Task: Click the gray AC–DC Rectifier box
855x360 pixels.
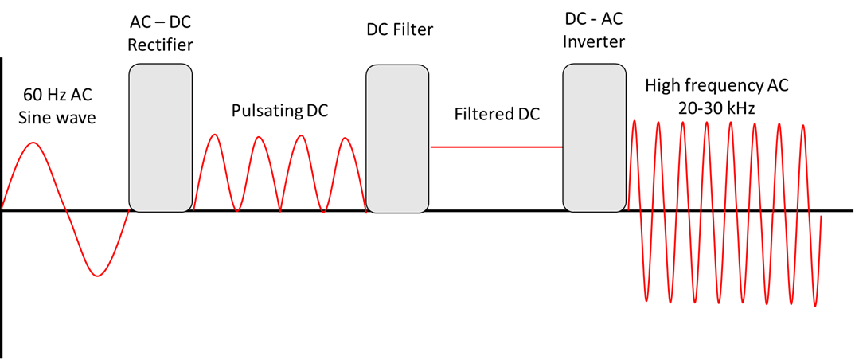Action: click(160, 139)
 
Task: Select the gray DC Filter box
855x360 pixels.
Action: click(397, 139)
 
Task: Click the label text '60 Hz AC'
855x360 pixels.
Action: click(57, 96)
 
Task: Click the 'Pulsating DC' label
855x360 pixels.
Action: click(279, 110)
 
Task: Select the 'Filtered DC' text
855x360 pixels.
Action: click(497, 114)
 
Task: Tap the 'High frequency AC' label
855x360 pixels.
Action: click(716, 85)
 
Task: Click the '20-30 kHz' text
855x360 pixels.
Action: click(716, 107)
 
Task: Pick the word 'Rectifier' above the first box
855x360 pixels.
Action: click(160, 45)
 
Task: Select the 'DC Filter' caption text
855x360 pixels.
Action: click(399, 30)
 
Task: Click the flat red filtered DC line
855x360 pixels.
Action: click(497, 147)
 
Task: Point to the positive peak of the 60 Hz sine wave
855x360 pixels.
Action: click(33, 143)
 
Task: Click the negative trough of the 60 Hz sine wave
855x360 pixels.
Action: click(97, 276)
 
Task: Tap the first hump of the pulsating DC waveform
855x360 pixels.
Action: click(214, 135)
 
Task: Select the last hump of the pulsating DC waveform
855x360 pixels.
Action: click(345, 139)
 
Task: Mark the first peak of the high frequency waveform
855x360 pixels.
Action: click(634, 121)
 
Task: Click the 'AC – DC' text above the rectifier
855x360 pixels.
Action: click(160, 19)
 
